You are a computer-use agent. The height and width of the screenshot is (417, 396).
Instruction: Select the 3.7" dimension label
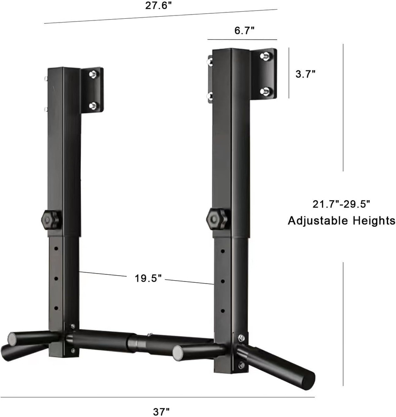(305, 74)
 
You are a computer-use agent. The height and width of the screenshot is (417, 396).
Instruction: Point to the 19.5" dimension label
(148, 279)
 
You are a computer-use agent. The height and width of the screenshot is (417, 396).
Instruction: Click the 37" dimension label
(161, 412)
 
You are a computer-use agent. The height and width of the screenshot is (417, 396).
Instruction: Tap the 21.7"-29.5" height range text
(341, 204)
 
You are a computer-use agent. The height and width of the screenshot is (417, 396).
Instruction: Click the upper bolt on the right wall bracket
(264, 55)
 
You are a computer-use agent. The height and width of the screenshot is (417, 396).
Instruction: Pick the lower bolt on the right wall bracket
(264, 90)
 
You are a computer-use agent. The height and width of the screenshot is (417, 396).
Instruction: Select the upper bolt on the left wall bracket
(93, 74)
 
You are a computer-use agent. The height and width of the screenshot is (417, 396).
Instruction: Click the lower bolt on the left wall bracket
(93, 105)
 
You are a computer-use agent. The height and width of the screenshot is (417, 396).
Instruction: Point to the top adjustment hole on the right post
(223, 252)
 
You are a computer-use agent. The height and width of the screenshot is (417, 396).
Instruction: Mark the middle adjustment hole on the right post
(223, 281)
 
